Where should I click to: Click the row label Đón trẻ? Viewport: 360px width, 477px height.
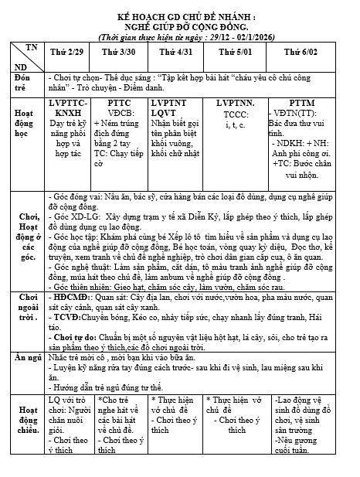click(x=22, y=83)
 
